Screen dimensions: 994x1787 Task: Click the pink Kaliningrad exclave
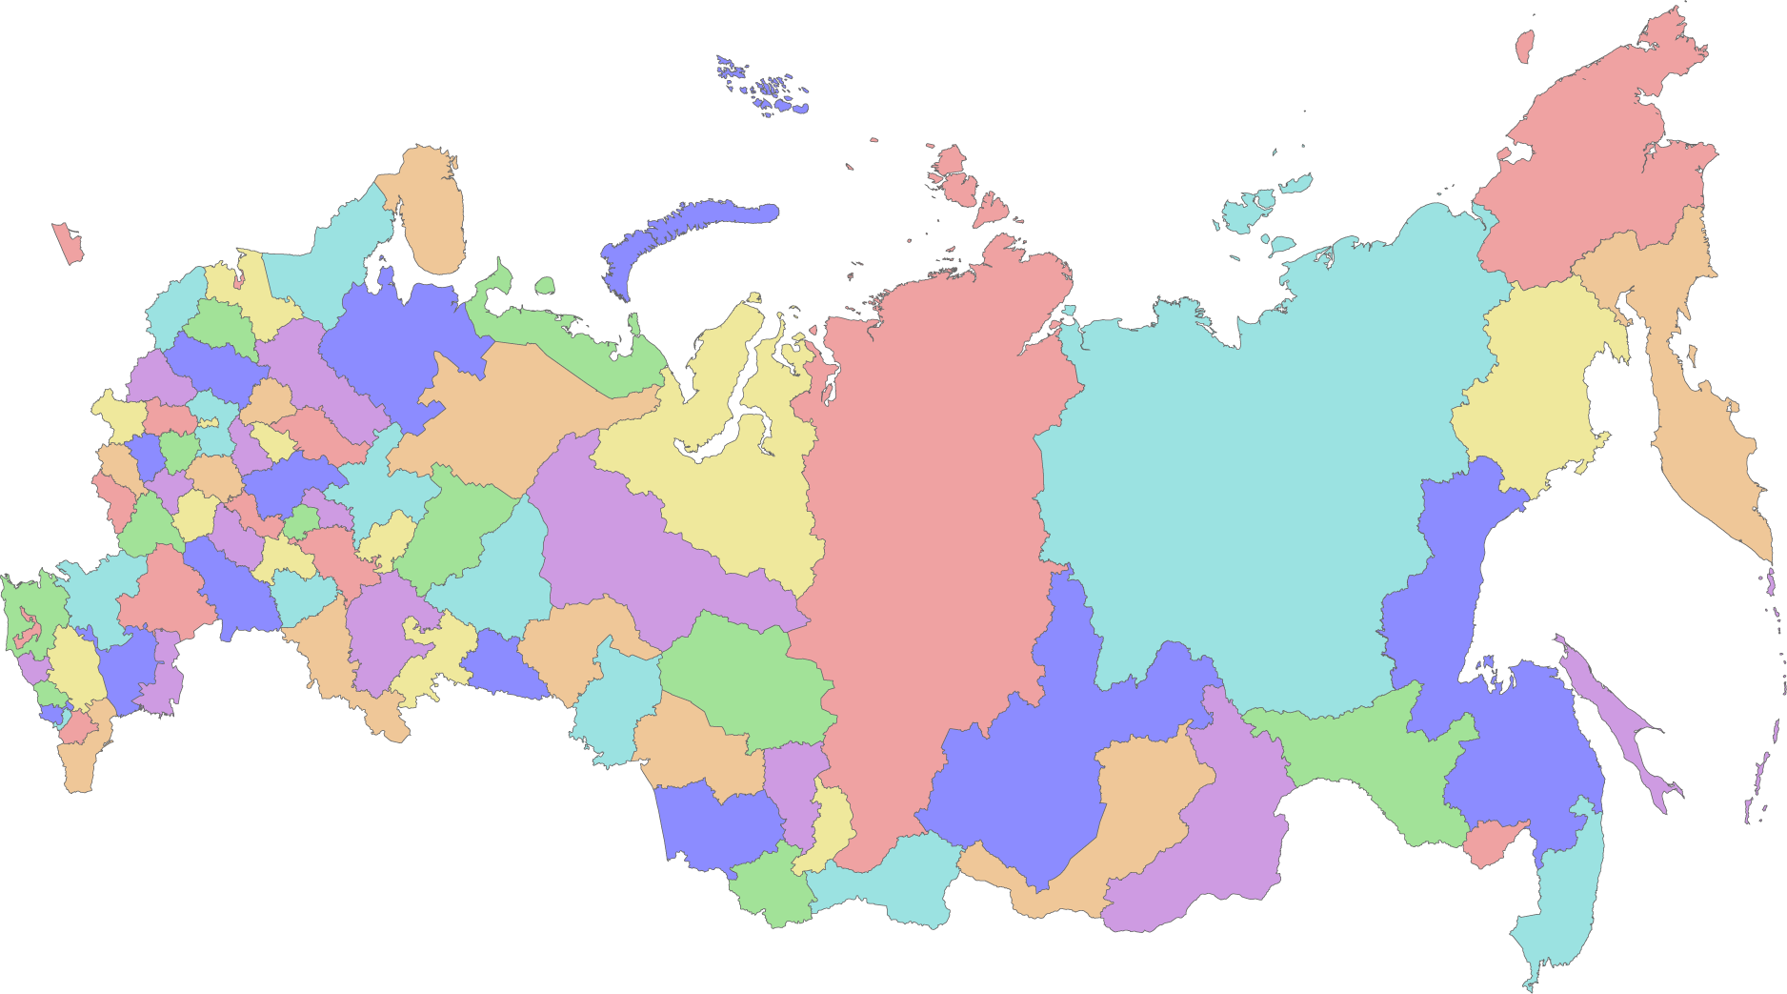pos(68,244)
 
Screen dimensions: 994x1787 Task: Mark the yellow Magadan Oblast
pos(1534,381)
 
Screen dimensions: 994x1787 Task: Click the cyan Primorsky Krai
pos(1562,886)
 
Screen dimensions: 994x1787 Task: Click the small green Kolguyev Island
pos(545,285)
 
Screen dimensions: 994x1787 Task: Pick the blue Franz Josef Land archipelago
pos(762,86)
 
